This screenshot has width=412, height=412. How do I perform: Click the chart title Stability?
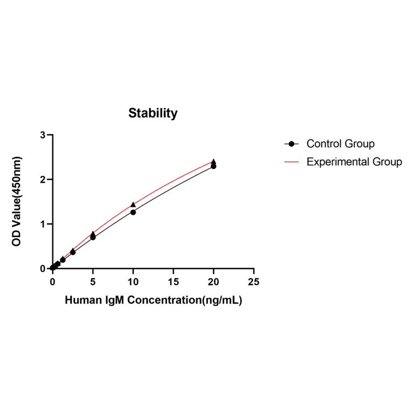[x=153, y=113]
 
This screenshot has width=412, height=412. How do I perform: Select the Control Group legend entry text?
[x=340, y=144]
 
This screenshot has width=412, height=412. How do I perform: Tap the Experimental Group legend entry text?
[x=354, y=162]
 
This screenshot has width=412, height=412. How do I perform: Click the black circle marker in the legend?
[x=292, y=144]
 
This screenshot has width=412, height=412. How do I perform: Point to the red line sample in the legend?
[x=292, y=162]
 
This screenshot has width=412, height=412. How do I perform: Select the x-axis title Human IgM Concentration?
[x=153, y=301]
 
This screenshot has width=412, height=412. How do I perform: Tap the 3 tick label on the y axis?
[x=43, y=135]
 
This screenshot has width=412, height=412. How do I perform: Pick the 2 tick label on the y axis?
[x=43, y=180]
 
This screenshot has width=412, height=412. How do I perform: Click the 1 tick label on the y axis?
[x=43, y=224]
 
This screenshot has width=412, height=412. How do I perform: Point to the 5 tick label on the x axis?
[x=93, y=281]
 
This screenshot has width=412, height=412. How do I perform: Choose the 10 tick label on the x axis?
[x=133, y=281]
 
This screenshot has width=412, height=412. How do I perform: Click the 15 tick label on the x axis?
[x=174, y=281]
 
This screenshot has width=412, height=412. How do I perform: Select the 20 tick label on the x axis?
[x=214, y=281]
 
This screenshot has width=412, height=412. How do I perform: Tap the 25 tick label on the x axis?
[x=254, y=281]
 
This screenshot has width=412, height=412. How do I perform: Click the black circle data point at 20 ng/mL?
[x=214, y=166]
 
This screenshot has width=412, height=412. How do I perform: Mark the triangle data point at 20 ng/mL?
[x=214, y=161]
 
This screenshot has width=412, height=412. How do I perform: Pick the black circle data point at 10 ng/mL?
[x=133, y=212]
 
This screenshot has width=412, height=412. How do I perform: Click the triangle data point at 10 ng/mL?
[x=133, y=204]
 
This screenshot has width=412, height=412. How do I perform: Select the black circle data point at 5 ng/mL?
[x=93, y=237]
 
